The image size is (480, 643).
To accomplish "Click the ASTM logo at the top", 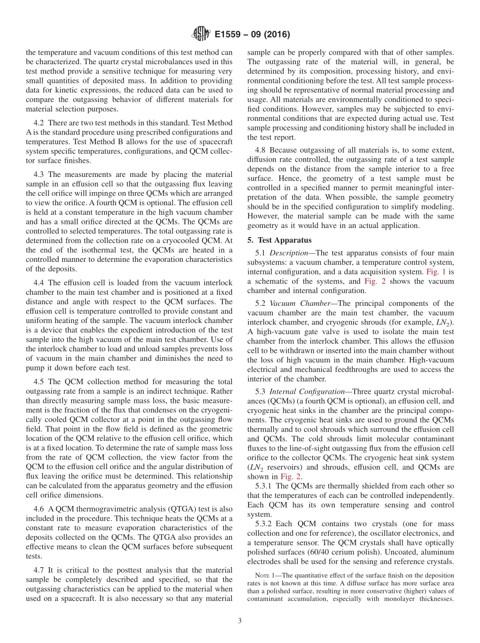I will (x=201, y=34).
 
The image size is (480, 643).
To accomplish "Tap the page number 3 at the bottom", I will (x=240, y=621).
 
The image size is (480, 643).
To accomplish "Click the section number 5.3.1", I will (x=264, y=486).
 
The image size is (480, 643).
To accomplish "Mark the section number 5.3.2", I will (x=264, y=524).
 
